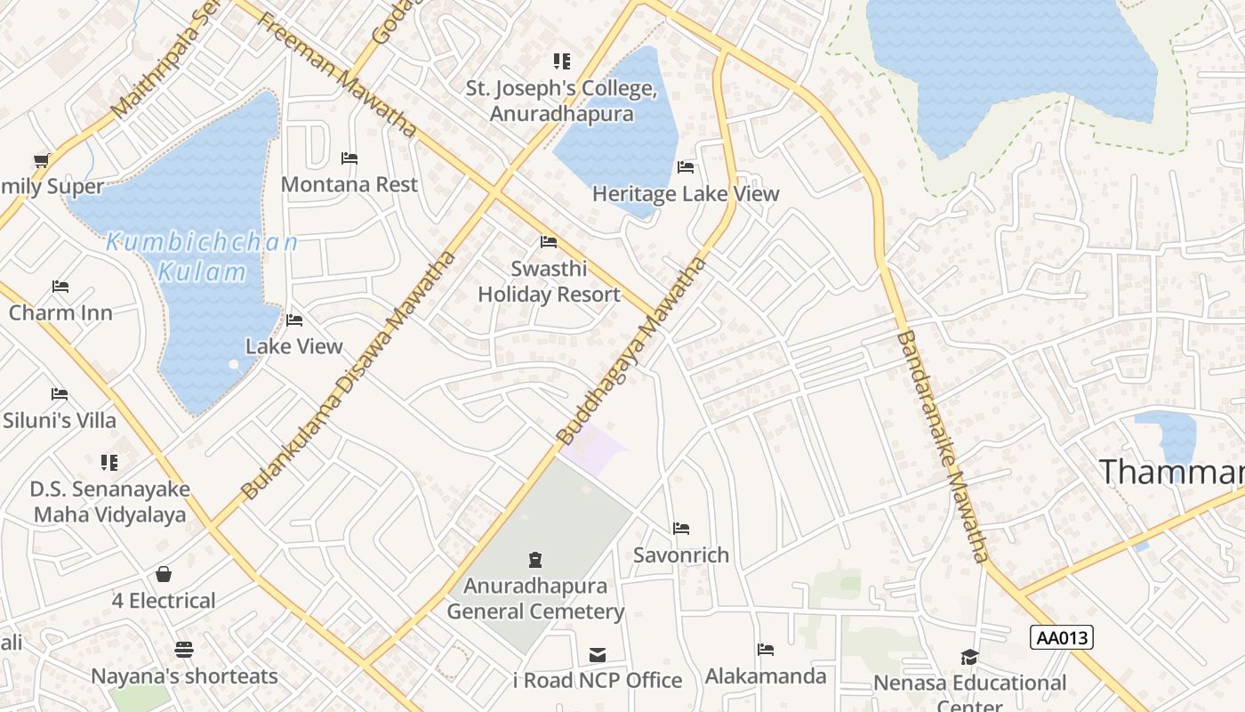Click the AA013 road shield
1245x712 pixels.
point(1062,637)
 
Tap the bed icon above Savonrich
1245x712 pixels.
point(681,529)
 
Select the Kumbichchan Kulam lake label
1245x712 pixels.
point(202,257)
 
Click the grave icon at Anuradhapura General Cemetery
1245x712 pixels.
point(535,560)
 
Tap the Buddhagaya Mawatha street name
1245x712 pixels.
point(632,351)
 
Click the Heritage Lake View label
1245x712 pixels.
point(685,194)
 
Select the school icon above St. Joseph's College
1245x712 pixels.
point(561,61)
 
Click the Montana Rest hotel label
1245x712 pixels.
point(349,185)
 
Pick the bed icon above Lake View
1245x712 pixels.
point(294,320)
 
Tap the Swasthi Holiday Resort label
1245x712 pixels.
point(549,282)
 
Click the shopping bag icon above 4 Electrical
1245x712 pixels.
point(164,574)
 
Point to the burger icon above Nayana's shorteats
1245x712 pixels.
point(184,650)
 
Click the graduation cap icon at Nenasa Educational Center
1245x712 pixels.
point(969,657)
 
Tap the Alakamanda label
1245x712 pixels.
point(766,676)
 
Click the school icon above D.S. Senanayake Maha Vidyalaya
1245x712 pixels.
point(109,463)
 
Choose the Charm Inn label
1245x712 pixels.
point(60,313)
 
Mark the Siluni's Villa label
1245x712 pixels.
point(60,420)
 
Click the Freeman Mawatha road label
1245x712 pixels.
point(337,73)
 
